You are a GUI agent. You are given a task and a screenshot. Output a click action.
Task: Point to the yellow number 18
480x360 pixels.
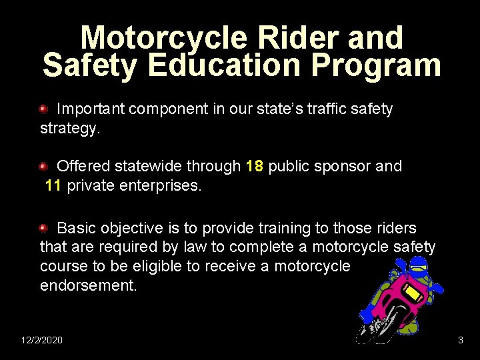254,167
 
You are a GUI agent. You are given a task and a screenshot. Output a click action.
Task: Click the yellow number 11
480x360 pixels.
53,185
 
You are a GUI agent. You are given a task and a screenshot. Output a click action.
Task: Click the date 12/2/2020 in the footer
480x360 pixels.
42,340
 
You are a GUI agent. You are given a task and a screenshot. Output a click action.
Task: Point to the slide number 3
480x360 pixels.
460,340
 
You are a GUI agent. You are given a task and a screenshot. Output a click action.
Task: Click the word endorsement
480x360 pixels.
88,285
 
